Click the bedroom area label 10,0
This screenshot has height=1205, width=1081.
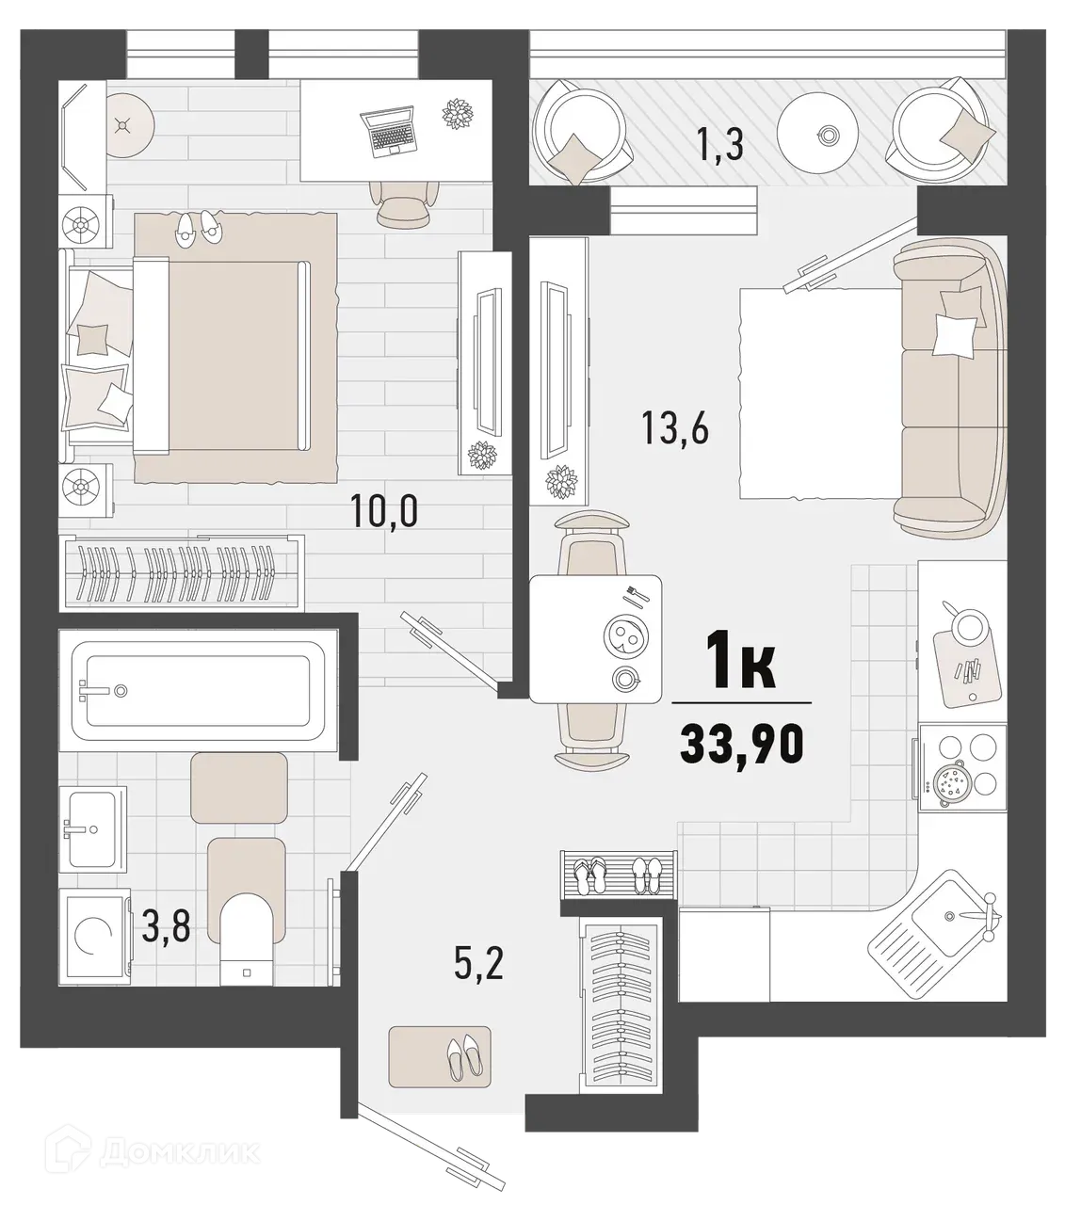pos(383,512)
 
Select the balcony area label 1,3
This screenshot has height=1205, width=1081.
pos(720,146)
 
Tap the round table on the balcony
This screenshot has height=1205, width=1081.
pos(826,136)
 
